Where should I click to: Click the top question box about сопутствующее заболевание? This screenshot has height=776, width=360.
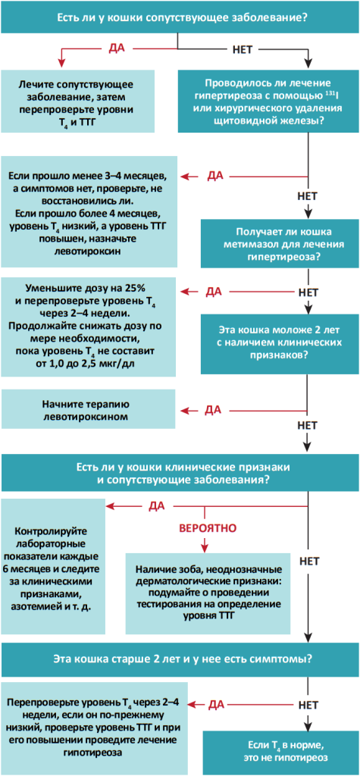(x=180, y=16)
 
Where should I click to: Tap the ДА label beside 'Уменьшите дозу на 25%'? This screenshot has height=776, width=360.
(x=214, y=291)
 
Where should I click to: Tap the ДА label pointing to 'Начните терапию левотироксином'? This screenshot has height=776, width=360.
(x=214, y=409)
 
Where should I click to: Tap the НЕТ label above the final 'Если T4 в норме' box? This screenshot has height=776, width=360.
(x=308, y=703)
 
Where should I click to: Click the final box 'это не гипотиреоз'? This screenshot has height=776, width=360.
(x=280, y=751)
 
